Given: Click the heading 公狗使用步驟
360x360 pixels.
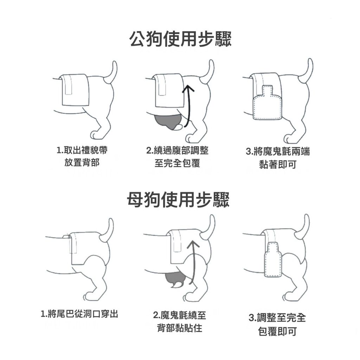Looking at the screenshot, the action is click(180, 39).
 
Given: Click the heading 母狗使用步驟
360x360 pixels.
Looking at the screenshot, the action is click(178, 199).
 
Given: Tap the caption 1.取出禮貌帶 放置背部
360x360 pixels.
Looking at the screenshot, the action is click(82, 156).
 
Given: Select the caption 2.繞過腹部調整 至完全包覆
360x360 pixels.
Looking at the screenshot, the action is click(177, 157).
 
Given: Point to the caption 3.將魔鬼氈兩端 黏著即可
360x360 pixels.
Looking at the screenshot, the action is click(278, 158).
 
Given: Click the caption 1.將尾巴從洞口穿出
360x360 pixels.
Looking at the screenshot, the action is click(79, 314).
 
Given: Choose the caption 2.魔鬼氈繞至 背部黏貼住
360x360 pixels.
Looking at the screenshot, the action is click(180, 322).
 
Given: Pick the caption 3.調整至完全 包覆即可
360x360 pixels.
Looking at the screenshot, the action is click(277, 324).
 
